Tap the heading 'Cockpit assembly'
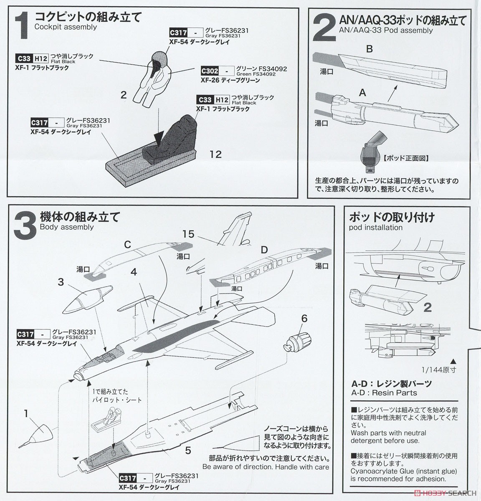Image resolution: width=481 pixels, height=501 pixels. click(x=66, y=27)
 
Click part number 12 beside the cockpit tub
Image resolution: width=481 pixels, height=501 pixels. click(x=215, y=154)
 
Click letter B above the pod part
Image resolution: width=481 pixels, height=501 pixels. click(x=369, y=49)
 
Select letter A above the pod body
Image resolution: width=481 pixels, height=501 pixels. click(x=362, y=93)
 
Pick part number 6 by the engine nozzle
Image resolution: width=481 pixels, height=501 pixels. click(x=304, y=319)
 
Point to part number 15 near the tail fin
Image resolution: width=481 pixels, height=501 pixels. click(x=188, y=234)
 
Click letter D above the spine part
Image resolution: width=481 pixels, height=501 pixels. click(x=264, y=250)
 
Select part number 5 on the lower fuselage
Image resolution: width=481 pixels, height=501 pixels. click(x=188, y=450)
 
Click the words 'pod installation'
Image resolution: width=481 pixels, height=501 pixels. click(x=375, y=228)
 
